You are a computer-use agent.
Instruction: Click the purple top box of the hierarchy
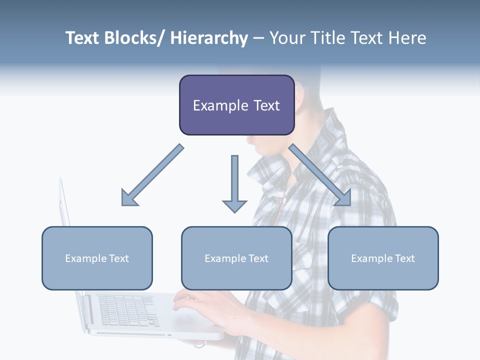236,105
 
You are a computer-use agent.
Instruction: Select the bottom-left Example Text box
97,258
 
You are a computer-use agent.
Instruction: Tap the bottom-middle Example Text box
236,258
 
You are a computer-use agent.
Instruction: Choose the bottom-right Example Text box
383,258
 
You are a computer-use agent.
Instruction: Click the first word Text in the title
83,38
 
